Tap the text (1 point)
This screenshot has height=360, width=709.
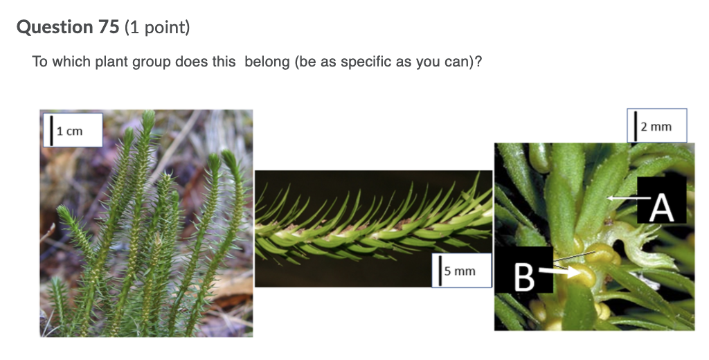pos(157,28)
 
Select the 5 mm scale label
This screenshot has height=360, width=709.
pos(460,271)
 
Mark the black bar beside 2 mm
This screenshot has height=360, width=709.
pos(636,126)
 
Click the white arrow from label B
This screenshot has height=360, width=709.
pos(559,273)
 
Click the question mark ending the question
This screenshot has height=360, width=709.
pos(478,62)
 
